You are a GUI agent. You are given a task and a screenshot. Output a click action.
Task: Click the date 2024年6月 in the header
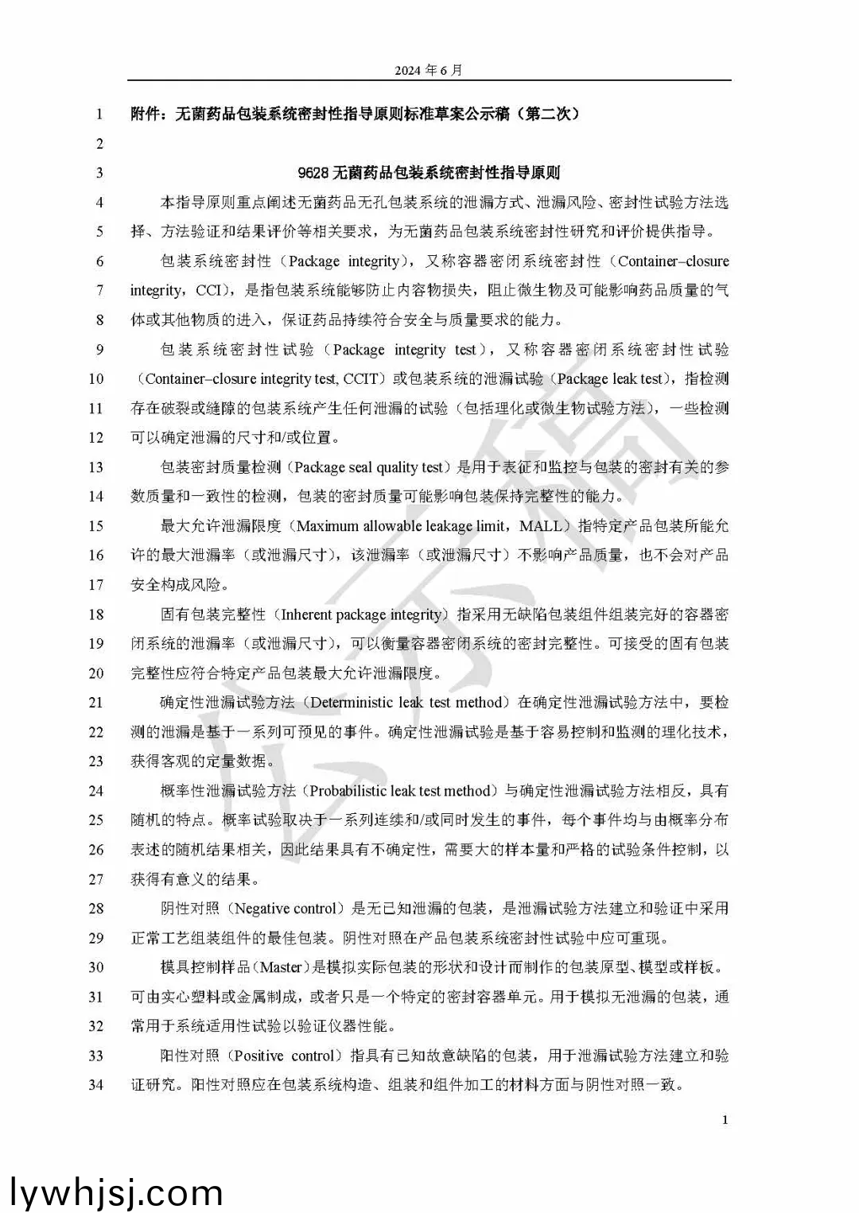point(428,70)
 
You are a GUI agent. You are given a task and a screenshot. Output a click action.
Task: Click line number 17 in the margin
point(96,585)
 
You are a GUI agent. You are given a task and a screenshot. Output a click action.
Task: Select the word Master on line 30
point(281,967)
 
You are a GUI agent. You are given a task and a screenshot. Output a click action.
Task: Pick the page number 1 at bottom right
point(725,1120)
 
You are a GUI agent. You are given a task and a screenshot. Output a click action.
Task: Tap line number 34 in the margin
point(96,1085)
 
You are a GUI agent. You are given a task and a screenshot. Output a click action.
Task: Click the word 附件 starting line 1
point(145,114)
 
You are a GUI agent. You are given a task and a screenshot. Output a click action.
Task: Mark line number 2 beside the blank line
point(99,144)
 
